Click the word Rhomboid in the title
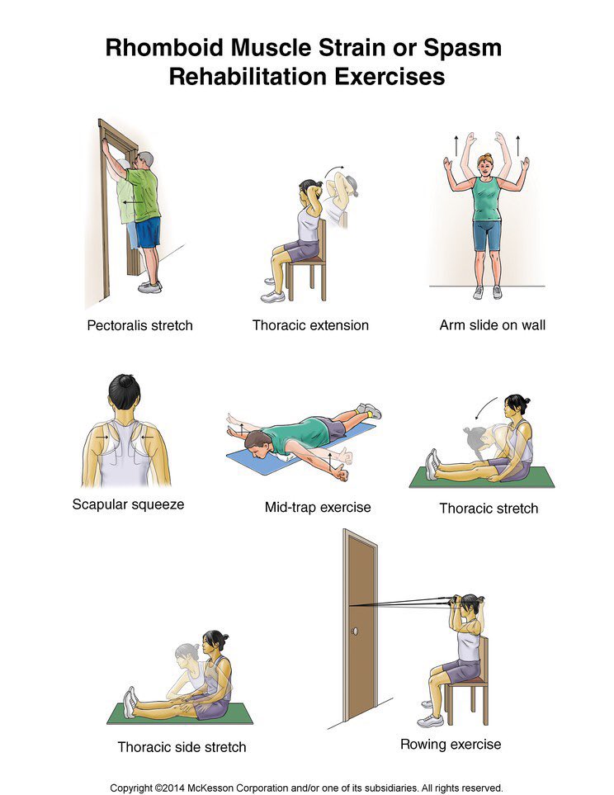(164, 48)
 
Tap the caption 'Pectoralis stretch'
(140, 325)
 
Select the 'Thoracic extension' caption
(310, 325)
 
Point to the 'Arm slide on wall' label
(493, 325)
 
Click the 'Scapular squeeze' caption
(128, 504)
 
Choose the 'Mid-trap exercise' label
(318, 508)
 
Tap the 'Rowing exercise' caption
(451, 745)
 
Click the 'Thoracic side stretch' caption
(182, 747)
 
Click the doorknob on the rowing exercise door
(354, 632)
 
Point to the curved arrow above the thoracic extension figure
(333, 169)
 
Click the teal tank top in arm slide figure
(486, 199)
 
